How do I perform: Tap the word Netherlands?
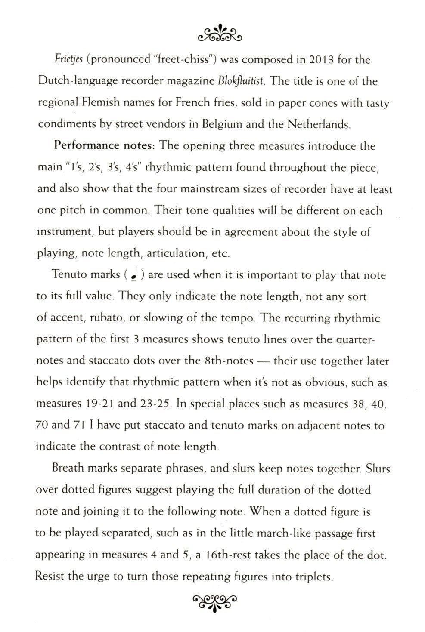(319, 124)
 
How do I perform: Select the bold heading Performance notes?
(103, 146)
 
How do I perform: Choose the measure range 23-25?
(155, 404)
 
